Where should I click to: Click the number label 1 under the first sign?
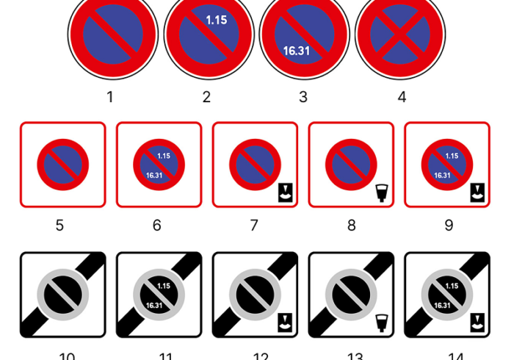click(110, 97)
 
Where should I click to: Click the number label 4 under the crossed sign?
click(402, 97)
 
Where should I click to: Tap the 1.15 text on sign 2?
click(216, 21)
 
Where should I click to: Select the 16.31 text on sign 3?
click(296, 51)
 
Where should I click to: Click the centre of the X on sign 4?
click(400, 33)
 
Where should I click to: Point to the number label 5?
click(60, 226)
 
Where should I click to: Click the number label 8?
click(352, 226)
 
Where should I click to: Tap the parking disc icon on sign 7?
click(285, 193)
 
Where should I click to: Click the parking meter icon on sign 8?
click(380, 193)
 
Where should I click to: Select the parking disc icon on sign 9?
click(477, 193)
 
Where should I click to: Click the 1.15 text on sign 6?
click(164, 156)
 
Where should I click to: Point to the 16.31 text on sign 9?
click(442, 176)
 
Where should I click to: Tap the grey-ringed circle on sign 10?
click(63, 295)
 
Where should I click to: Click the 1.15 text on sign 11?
click(164, 286)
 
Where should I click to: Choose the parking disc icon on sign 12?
click(285, 323)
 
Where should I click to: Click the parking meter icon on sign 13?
click(380, 323)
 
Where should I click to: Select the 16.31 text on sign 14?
click(442, 306)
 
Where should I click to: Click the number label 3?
click(303, 97)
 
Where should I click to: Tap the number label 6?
click(157, 226)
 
